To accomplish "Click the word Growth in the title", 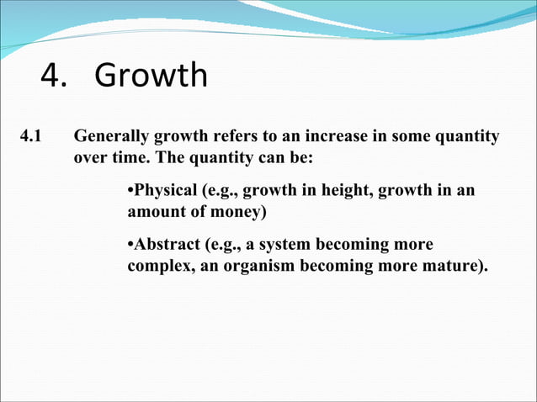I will pos(151,76).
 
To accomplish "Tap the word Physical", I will pos(162,191).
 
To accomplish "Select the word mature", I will pos(456,267).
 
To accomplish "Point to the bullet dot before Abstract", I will pos(130,246).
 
